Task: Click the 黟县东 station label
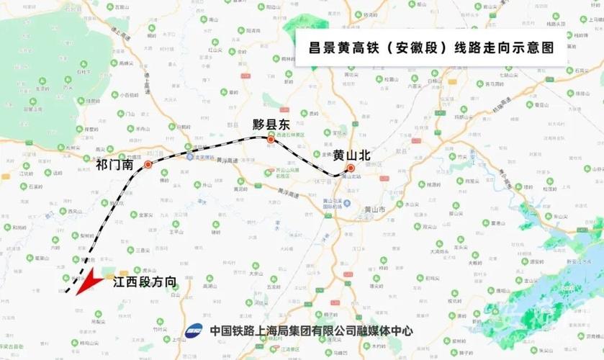tap(271, 124)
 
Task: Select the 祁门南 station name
tap(114, 165)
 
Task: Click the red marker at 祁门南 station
tap(148, 164)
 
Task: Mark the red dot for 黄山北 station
tap(351, 168)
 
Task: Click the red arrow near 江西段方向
tap(87, 282)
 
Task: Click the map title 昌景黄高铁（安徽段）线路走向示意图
tap(431, 49)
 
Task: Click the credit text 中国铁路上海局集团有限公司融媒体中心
tap(312, 330)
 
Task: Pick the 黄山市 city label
tap(375, 209)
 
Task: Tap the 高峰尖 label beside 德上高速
tap(127, 63)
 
